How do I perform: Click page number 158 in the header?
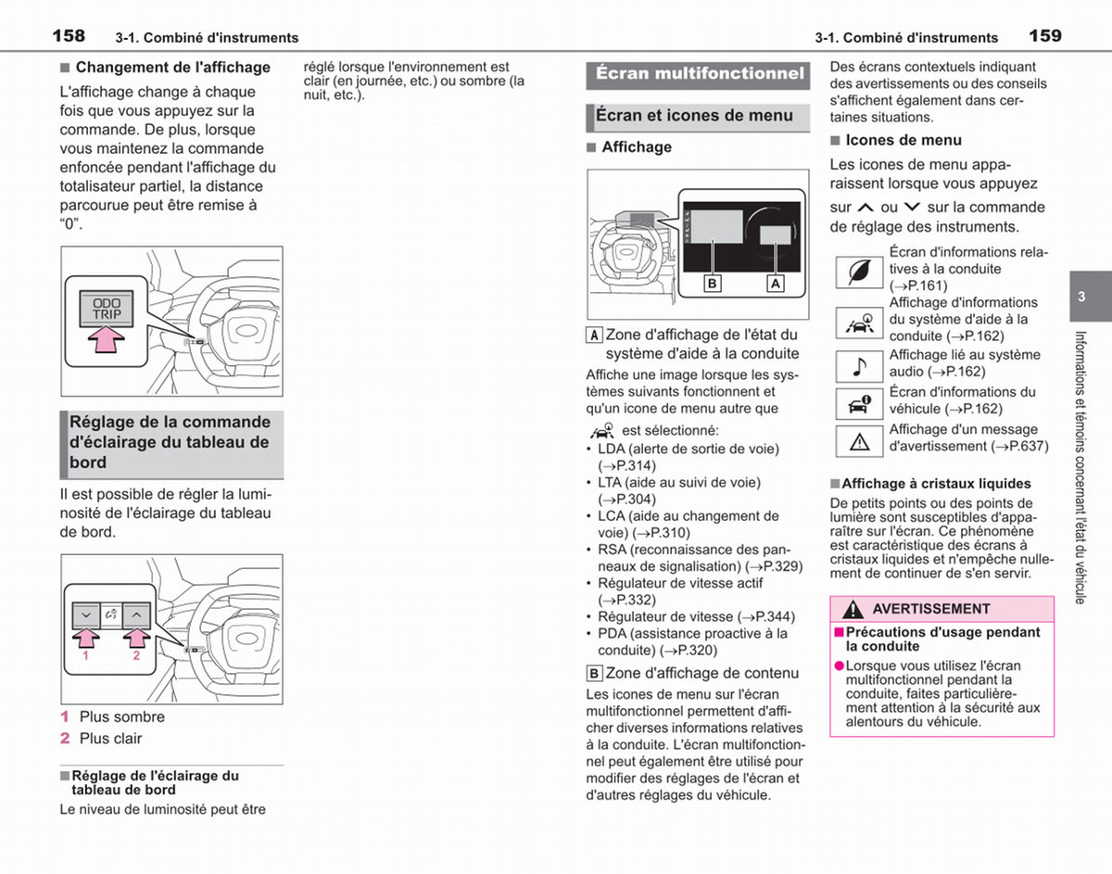[x=69, y=36]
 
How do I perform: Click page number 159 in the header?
[x=1045, y=36]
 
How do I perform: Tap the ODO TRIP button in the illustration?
[x=107, y=309]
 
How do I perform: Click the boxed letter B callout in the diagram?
[x=713, y=283]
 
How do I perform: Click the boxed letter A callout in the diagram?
[x=776, y=283]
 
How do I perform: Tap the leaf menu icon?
[x=859, y=272]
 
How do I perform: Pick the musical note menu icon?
[x=859, y=366]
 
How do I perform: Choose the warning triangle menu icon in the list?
[x=859, y=441]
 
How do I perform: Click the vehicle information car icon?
[x=859, y=404]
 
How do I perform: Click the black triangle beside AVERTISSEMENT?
[x=853, y=610]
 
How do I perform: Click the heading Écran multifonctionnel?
[x=700, y=74]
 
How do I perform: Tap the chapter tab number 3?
[x=1081, y=297]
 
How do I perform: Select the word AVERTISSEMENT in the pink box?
[x=931, y=609]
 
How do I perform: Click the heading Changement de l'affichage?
[x=173, y=68]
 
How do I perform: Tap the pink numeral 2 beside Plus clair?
[x=65, y=739]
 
